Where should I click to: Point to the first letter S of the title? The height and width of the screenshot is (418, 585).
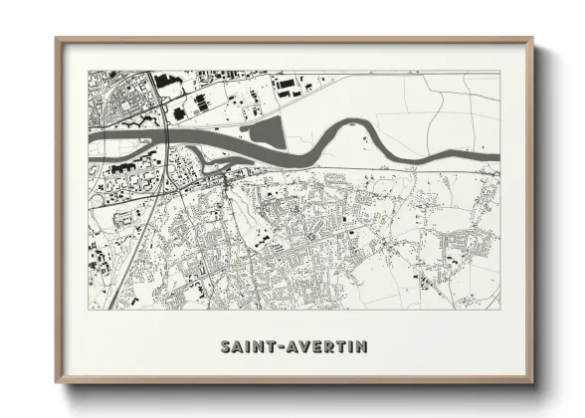225,347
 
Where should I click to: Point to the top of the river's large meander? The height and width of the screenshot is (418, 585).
353,123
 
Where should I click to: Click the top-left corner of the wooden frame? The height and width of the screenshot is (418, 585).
57,39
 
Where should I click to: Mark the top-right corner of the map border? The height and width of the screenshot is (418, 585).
498,71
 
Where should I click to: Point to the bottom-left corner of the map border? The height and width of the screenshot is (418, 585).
89,309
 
